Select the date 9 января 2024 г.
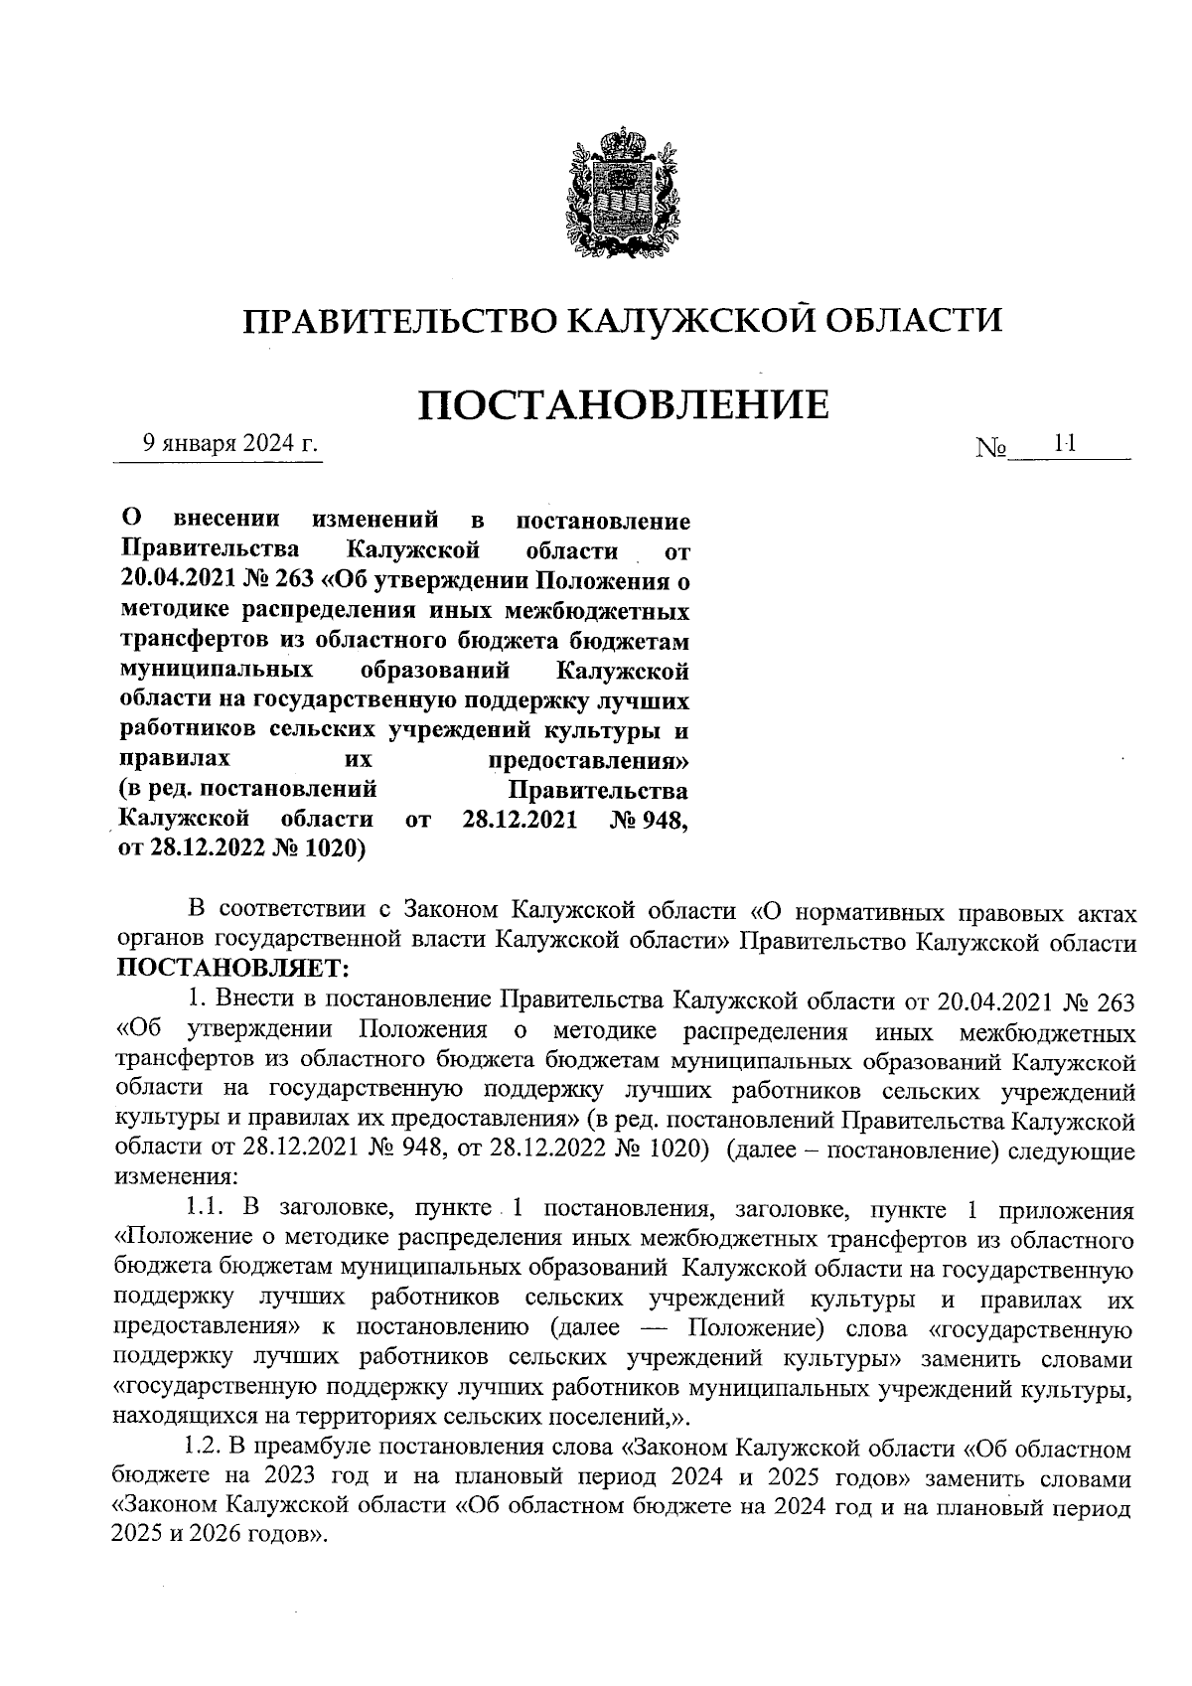pos(229,443)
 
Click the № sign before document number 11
pos(991,450)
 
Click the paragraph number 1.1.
pos(209,1210)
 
